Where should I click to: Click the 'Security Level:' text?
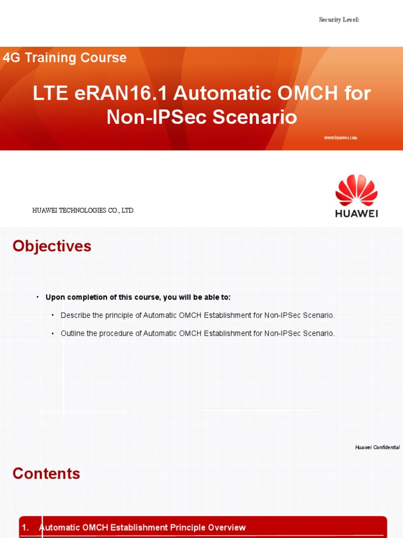click(x=339, y=19)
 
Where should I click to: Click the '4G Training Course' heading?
click(x=65, y=58)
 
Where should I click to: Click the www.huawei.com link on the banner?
click(x=341, y=138)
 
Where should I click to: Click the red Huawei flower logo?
click(x=356, y=190)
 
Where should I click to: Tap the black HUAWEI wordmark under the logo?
click(x=356, y=214)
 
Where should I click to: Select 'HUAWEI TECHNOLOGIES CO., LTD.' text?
click(x=84, y=211)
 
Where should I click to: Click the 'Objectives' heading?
click(x=52, y=246)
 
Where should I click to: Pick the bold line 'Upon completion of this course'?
click(x=138, y=297)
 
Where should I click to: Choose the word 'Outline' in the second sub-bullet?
click(x=73, y=333)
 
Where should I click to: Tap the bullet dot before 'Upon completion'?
click(x=38, y=297)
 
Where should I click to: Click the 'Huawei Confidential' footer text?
click(x=377, y=447)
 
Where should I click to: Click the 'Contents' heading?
click(x=47, y=473)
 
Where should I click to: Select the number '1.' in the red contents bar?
click(x=25, y=527)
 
